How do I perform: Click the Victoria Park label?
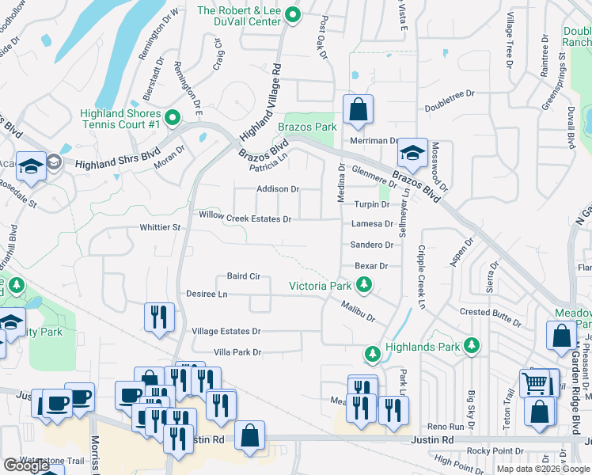pos(320,286)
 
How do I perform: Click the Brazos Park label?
pos(307,127)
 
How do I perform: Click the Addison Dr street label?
pos(277,189)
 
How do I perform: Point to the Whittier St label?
pos(161,227)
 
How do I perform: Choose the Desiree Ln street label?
pos(207,294)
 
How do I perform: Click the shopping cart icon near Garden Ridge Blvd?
pos(534,384)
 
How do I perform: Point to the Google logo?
pos(26,465)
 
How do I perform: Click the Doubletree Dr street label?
pos(449,93)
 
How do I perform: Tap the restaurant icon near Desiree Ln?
pos(159,317)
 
